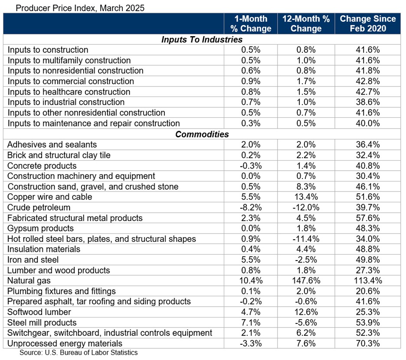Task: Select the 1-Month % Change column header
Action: [x=251, y=24]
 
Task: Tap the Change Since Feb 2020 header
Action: [x=367, y=24]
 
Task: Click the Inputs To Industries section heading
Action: [x=202, y=40]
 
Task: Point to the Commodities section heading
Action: [x=202, y=134]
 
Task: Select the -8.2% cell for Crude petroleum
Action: [x=250, y=208]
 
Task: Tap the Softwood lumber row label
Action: [x=39, y=312]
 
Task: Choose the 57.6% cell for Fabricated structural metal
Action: [x=367, y=218]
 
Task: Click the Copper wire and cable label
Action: [x=50, y=197]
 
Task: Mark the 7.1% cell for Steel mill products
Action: [x=250, y=323]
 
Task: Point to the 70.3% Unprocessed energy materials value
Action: [x=367, y=343]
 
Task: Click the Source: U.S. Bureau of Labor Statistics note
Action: [x=78, y=353]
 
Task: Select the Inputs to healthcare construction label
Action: [x=69, y=92]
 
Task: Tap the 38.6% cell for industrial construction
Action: [x=367, y=102]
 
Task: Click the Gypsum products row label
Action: [x=40, y=228]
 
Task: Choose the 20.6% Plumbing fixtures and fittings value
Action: [x=367, y=291]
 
